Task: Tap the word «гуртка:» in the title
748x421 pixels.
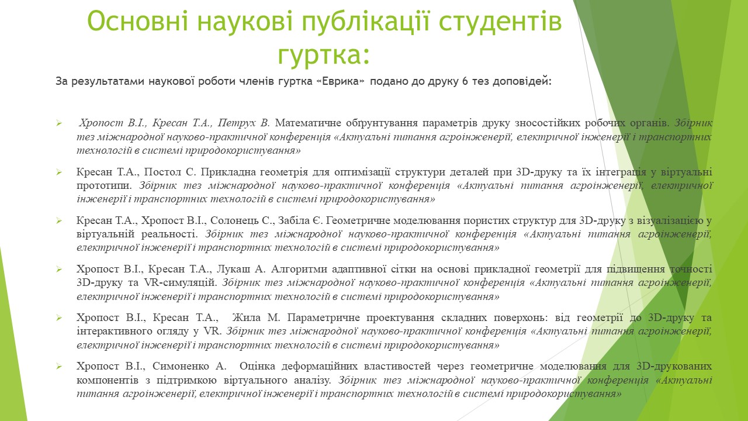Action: tap(324, 55)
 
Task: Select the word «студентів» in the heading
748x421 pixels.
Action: tap(501, 22)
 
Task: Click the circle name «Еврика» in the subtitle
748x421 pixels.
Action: tap(340, 81)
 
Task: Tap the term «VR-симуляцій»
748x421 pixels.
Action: tap(181, 282)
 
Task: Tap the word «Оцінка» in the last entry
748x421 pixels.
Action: tap(257, 366)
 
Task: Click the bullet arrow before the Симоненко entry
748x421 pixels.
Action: tap(59, 367)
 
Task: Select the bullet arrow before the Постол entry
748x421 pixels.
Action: tap(59, 172)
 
